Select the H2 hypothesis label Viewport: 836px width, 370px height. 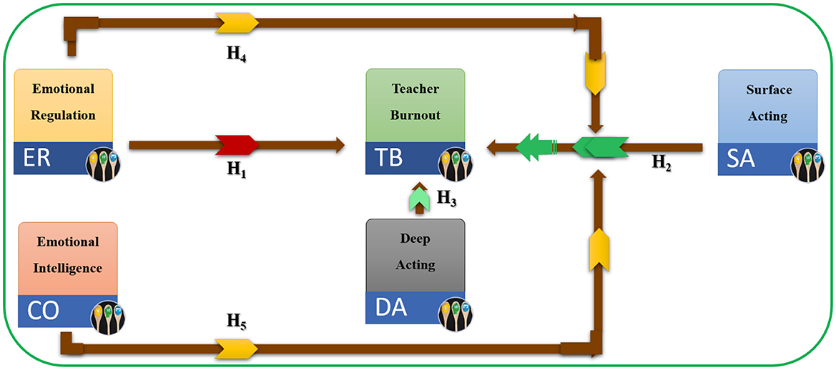(x=662, y=163)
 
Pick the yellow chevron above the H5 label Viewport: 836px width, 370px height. (x=237, y=349)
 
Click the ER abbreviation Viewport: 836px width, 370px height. (x=36, y=158)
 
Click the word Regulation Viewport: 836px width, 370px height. (x=64, y=115)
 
